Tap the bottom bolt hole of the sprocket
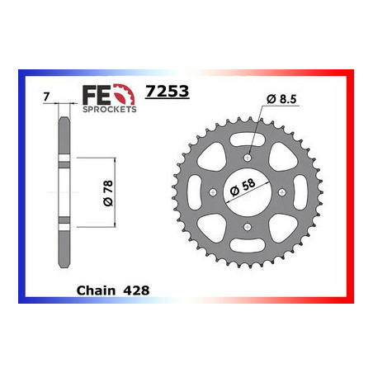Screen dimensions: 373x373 click(248, 230)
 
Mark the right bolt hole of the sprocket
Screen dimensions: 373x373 click(286, 193)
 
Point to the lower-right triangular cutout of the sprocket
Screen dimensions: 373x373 click(284, 229)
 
